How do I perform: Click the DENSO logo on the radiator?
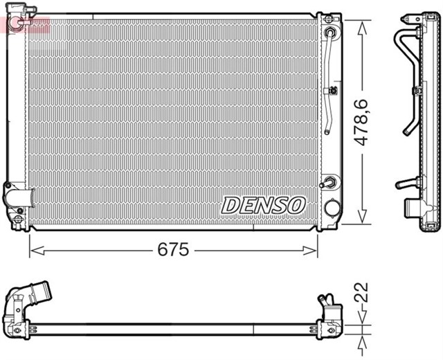click(263, 205)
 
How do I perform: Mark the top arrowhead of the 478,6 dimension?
click(361, 25)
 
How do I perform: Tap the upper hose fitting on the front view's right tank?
click(332, 33)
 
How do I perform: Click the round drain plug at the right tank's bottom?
click(332, 208)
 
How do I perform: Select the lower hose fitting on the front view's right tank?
click(331, 183)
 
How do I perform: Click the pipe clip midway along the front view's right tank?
click(333, 90)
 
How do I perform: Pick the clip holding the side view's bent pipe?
click(418, 91)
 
